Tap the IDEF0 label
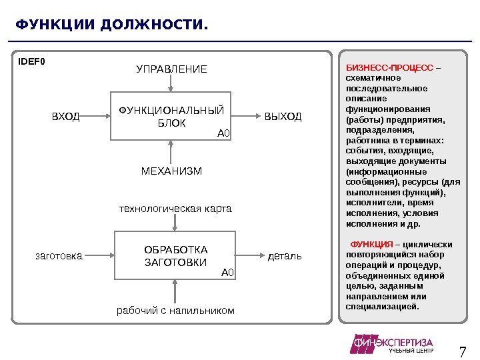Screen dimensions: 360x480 [31, 63]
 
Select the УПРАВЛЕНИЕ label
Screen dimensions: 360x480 [171, 69]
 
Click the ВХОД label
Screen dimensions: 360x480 [66, 117]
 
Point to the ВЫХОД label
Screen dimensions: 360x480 [283, 117]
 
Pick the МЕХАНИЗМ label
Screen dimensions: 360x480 [171, 171]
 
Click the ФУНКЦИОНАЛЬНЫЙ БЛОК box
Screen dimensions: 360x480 [171, 117]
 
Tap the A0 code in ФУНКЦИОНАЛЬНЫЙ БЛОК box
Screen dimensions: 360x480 [223, 133]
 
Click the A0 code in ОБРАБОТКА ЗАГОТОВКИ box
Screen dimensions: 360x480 [228, 272]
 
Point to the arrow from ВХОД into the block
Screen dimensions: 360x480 [95, 117]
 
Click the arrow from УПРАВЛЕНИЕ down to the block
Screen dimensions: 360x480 [171, 83]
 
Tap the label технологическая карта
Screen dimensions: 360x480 [175, 209]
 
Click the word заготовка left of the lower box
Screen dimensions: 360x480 [59, 255]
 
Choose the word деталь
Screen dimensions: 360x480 [285, 255]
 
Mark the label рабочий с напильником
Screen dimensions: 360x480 [176, 311]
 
